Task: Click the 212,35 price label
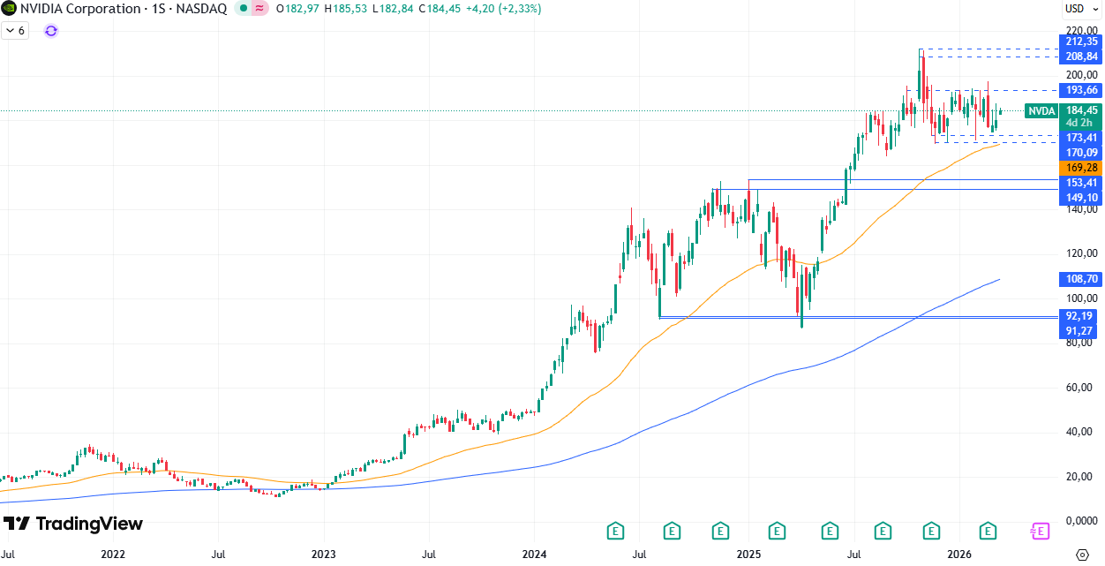tap(1081, 42)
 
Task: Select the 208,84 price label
tap(1081, 57)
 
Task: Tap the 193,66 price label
tap(1081, 90)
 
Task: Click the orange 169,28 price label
tap(1081, 167)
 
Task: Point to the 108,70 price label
tap(1081, 278)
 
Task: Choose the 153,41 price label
tap(1081, 182)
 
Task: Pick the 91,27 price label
tap(1081, 330)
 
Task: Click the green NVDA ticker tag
tap(1042, 111)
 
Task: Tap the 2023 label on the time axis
tap(323, 555)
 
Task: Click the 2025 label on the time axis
tap(748, 555)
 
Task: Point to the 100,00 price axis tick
tap(1081, 298)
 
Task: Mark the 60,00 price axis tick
tap(1081, 388)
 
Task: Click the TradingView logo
tap(73, 524)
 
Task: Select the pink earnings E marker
tap(1041, 531)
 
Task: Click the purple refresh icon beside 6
tap(51, 31)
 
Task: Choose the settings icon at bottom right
tap(1083, 555)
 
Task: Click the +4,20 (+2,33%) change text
tap(507, 9)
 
